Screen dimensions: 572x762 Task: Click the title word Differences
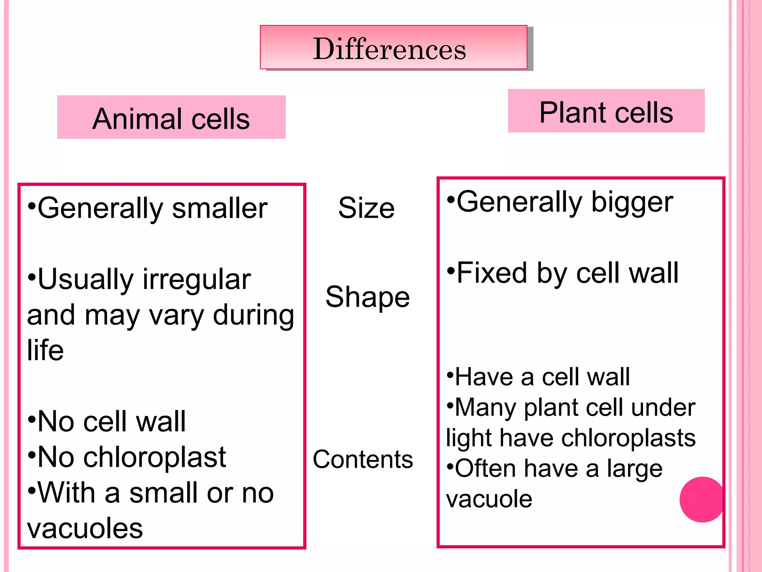pos(389,49)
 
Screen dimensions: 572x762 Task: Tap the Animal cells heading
pos(171,119)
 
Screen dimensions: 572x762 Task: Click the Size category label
pos(366,208)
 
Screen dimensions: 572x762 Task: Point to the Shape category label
pos(368,297)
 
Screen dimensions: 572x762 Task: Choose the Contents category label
pos(363,459)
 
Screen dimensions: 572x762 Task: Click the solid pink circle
pos(702,499)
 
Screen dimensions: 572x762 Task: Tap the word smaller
pos(220,208)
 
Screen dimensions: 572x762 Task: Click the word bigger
pos(632,203)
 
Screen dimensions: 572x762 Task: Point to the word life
pos(45,350)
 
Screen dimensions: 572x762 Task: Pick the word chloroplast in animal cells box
pos(155,457)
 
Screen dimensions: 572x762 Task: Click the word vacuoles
pos(85,528)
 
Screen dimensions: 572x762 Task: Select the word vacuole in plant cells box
pos(489,499)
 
